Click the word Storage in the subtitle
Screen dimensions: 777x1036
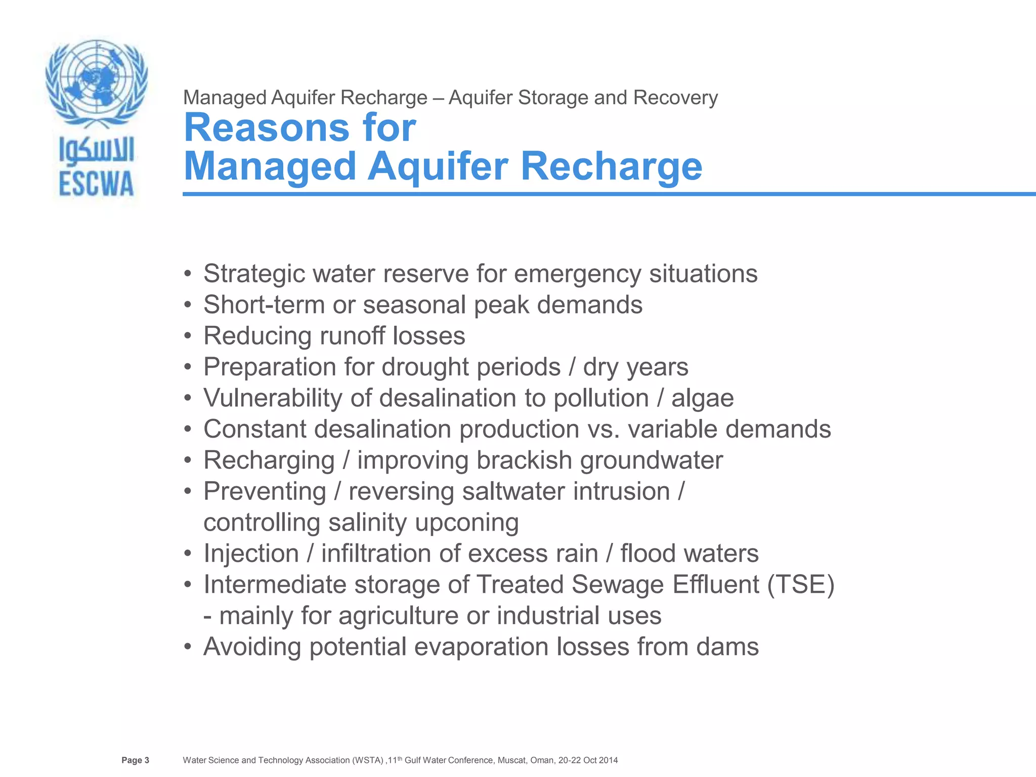(553, 98)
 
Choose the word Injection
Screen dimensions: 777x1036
(251, 553)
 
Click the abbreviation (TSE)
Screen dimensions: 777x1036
(800, 585)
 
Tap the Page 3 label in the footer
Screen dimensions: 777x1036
(135, 760)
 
